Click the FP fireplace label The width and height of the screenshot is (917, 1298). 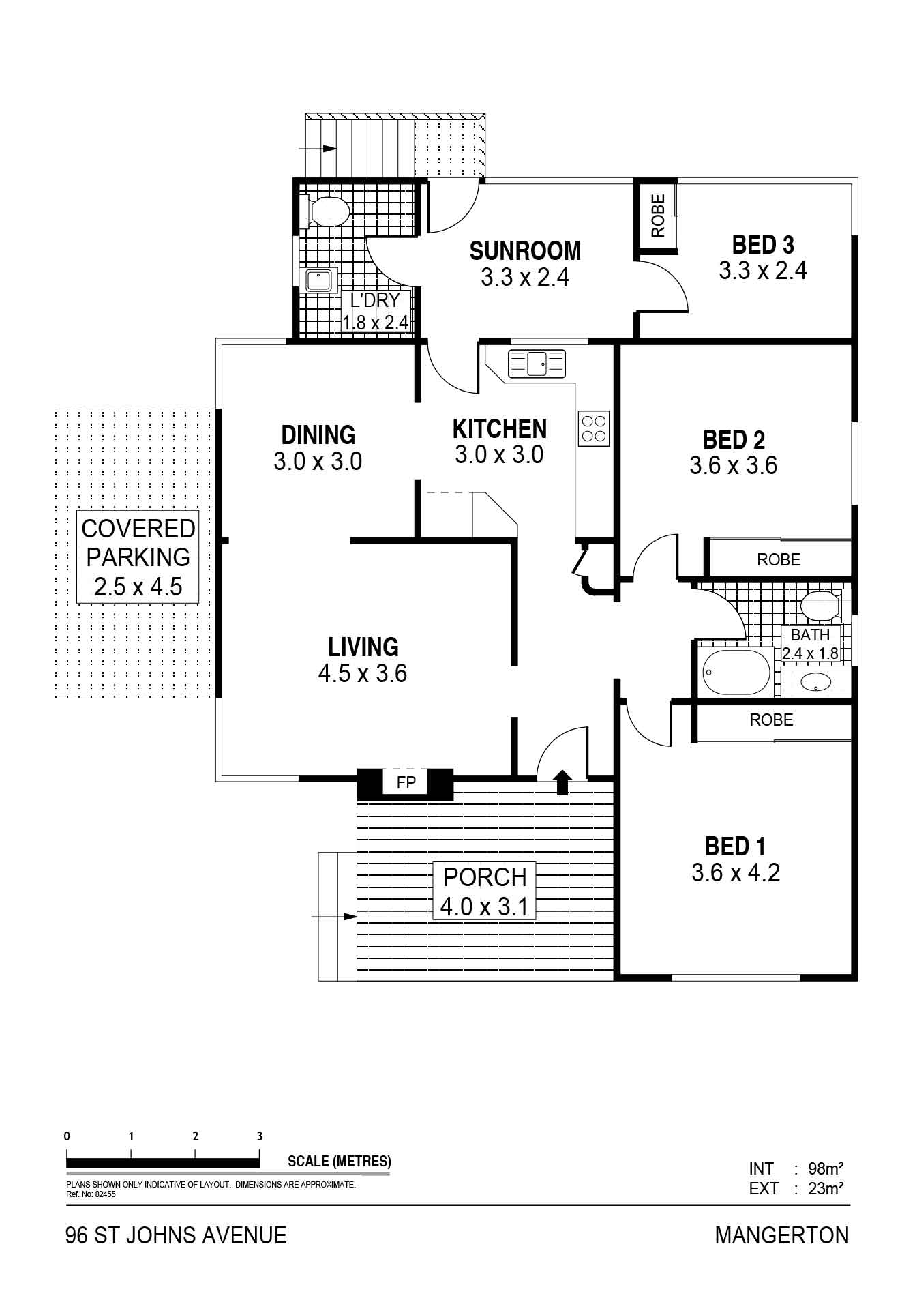[x=406, y=782]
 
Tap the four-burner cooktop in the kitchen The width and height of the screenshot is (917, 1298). [x=593, y=429]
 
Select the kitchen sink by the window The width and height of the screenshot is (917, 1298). [x=537, y=363]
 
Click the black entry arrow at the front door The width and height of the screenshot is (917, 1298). [x=562, y=782]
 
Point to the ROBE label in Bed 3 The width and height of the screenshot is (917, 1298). [x=658, y=216]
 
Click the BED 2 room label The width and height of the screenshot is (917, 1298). [x=734, y=440]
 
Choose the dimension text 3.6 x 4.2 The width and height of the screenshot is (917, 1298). [x=736, y=873]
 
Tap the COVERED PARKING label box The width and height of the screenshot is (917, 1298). [x=138, y=557]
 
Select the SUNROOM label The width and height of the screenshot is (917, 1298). [x=525, y=251]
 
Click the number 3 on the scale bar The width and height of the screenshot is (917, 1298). [x=259, y=1136]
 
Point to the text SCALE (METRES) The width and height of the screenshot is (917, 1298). [x=340, y=1161]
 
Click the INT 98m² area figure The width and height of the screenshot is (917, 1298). [x=796, y=1169]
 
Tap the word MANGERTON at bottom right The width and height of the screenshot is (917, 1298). [x=782, y=1235]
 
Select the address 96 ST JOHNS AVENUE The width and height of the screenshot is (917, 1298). [x=176, y=1235]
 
